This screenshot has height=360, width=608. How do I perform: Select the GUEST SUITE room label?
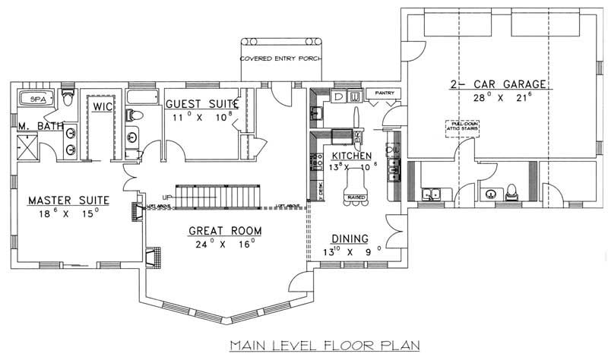202,103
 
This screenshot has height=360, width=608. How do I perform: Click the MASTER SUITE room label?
68,201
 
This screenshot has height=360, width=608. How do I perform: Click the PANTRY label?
378,93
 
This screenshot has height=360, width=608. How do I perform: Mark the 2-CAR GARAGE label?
487,84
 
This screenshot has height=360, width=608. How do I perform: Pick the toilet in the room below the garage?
512,190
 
